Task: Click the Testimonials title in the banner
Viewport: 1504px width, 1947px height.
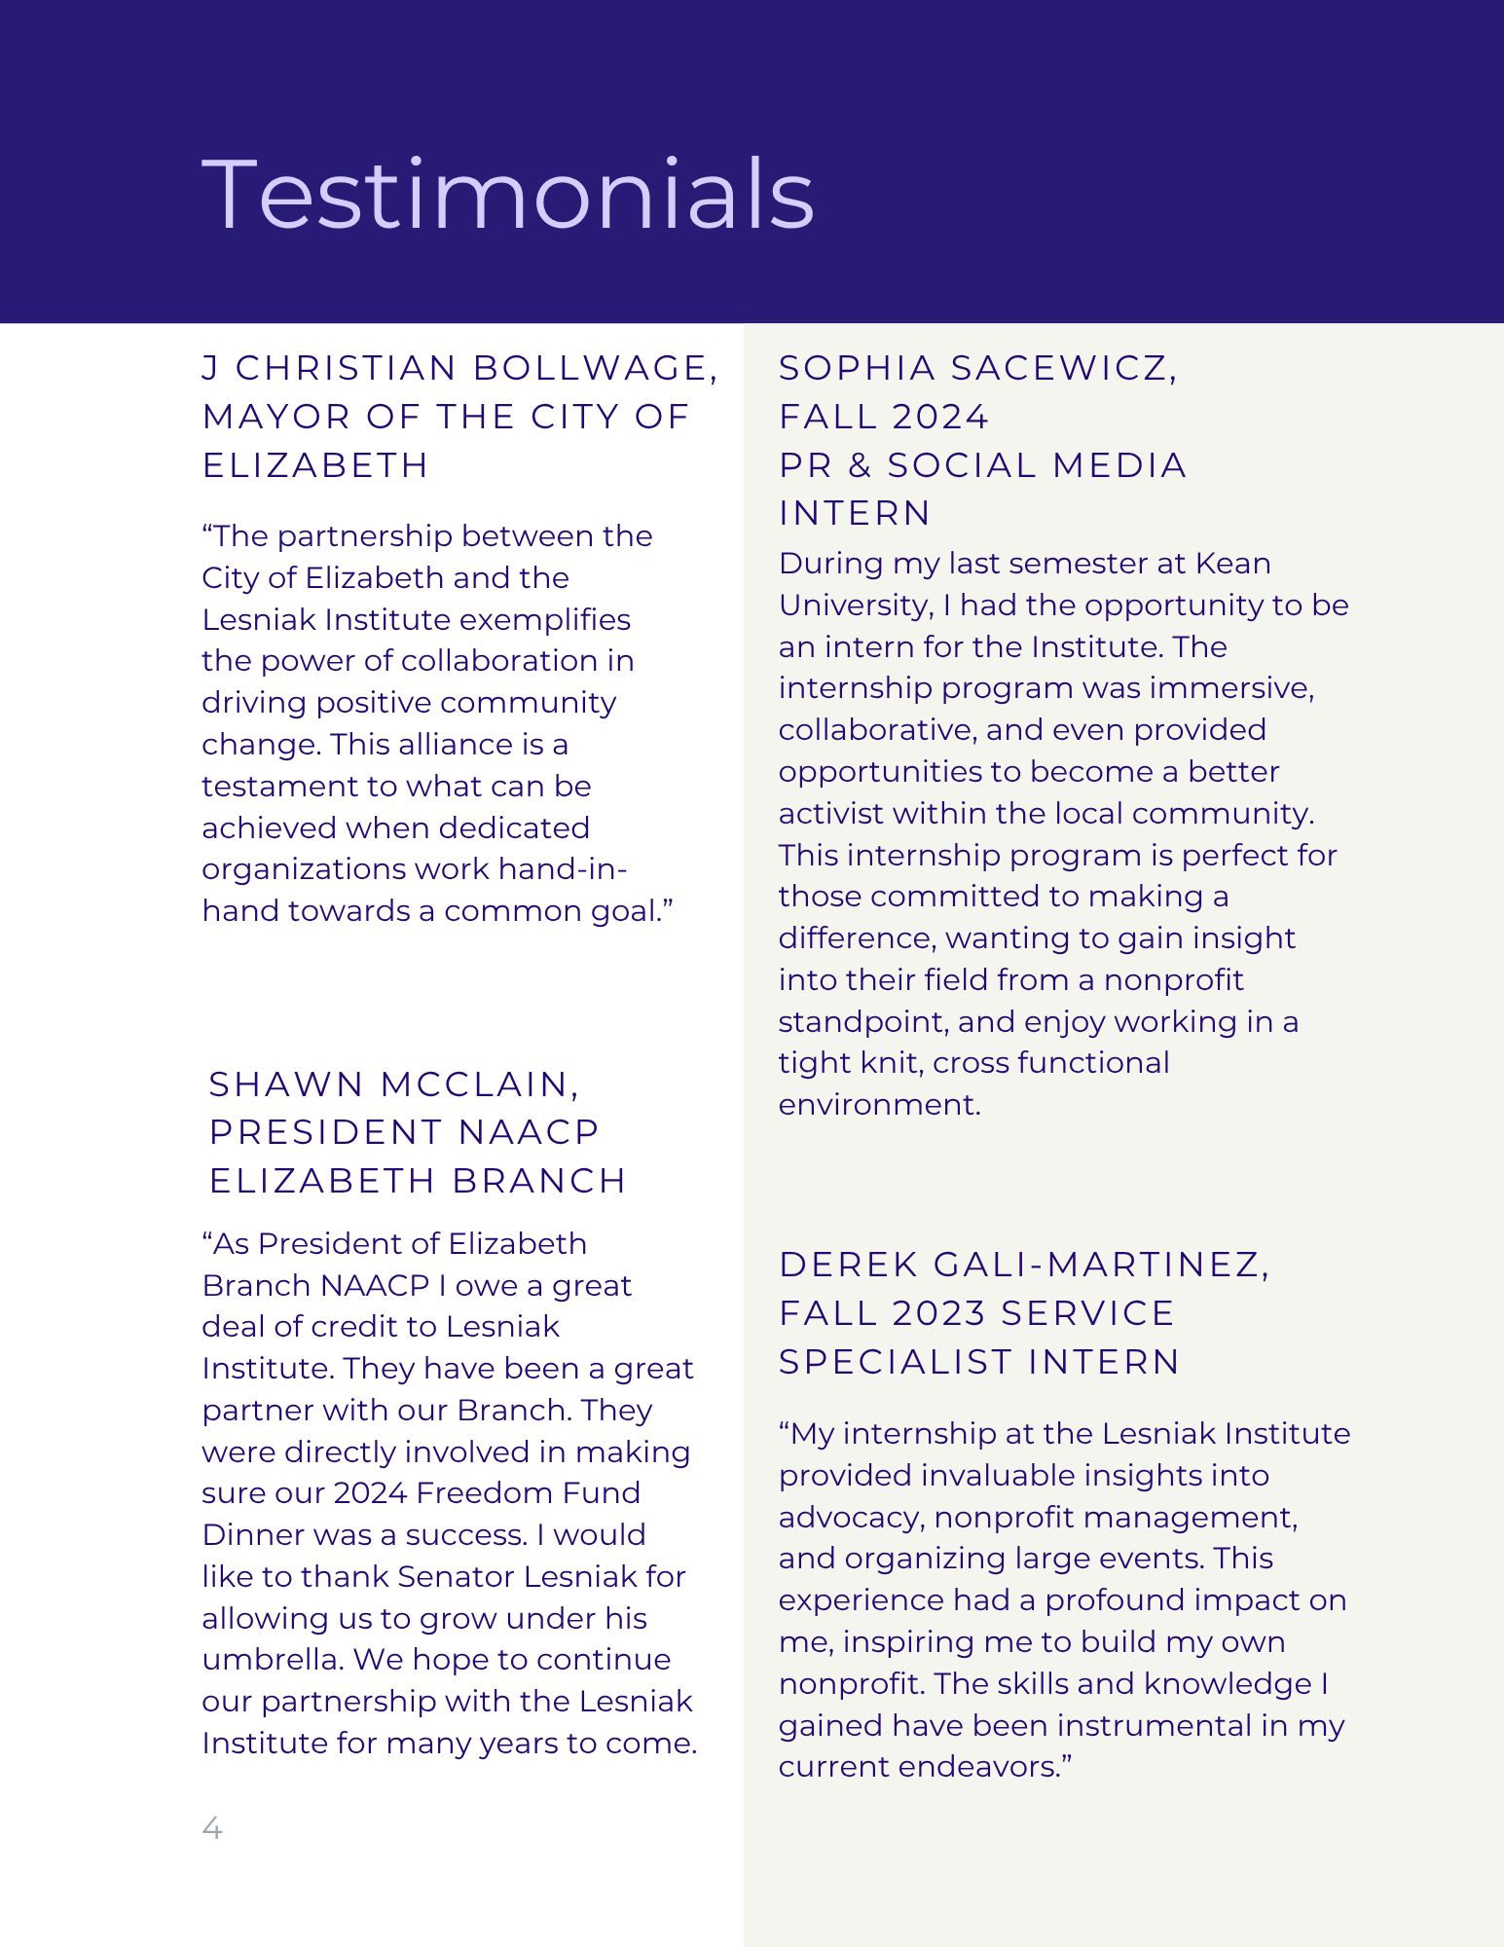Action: (x=507, y=195)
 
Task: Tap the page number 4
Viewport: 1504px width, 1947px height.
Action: (x=212, y=1828)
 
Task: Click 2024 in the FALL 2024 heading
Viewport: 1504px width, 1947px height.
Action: (x=940, y=417)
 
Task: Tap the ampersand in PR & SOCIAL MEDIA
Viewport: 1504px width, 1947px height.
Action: (x=860, y=465)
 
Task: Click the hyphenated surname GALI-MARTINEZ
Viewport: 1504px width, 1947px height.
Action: (x=1099, y=1265)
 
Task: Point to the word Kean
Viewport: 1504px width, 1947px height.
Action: (x=1232, y=564)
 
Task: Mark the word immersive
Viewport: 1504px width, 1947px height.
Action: (x=1230, y=688)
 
